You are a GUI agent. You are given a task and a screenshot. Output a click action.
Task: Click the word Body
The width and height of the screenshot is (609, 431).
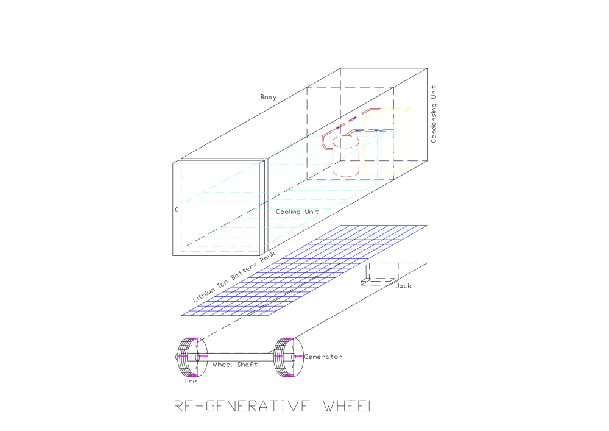pos(268,97)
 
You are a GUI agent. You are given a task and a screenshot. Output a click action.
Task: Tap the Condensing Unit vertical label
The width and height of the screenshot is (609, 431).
pos(434,114)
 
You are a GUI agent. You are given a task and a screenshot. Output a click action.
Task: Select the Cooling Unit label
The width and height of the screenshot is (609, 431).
pos(297,212)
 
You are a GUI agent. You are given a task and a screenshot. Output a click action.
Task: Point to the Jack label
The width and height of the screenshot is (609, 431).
pos(403,285)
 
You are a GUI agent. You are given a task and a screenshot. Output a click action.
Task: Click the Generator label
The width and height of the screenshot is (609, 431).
pos(323,357)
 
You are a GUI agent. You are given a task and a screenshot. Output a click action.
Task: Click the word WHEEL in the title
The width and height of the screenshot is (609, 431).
pos(343,405)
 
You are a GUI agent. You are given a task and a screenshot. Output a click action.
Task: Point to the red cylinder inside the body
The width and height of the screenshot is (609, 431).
pos(347,157)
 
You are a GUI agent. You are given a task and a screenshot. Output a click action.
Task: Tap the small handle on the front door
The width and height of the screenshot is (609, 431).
pos(177,209)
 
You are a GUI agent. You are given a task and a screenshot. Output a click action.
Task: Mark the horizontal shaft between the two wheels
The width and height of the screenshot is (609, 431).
pos(238,355)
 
